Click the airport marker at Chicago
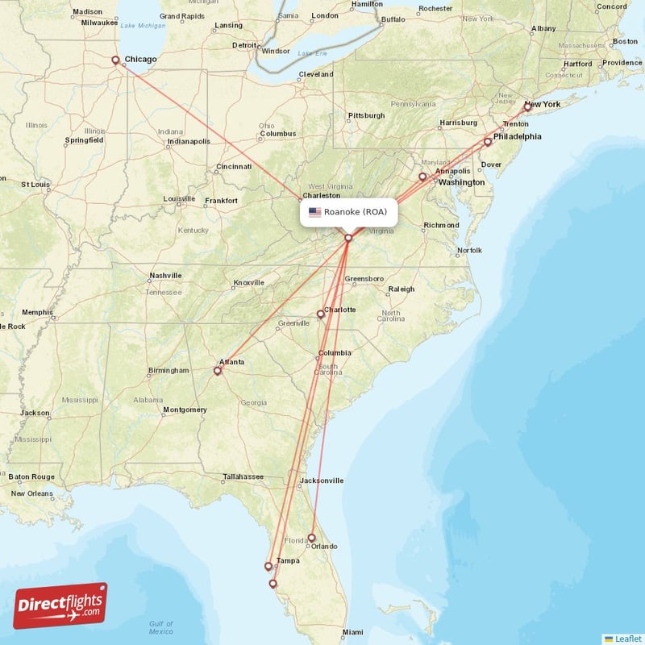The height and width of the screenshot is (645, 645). [x=115, y=60]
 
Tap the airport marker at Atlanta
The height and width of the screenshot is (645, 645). [x=217, y=371]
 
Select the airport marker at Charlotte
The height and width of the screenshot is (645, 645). [x=320, y=314]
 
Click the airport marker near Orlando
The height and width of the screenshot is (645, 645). [x=312, y=538]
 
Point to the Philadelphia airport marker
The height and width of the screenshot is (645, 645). [x=487, y=142]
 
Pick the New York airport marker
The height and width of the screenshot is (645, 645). [x=527, y=106]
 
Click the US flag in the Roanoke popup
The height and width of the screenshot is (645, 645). [x=314, y=212]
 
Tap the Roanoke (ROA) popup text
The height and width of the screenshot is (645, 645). [x=356, y=212]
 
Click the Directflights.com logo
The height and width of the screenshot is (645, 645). [x=60, y=605]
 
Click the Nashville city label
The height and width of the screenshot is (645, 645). [x=165, y=276]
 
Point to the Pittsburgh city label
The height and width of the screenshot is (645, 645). [x=366, y=115]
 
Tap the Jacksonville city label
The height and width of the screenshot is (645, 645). [x=321, y=481]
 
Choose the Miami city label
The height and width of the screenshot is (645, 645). [x=352, y=631]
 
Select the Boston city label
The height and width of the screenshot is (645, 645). [x=625, y=41]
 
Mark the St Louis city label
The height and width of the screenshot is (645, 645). [x=36, y=185]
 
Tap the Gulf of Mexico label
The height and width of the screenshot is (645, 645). [x=161, y=627]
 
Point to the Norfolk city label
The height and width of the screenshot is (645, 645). [x=469, y=251]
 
